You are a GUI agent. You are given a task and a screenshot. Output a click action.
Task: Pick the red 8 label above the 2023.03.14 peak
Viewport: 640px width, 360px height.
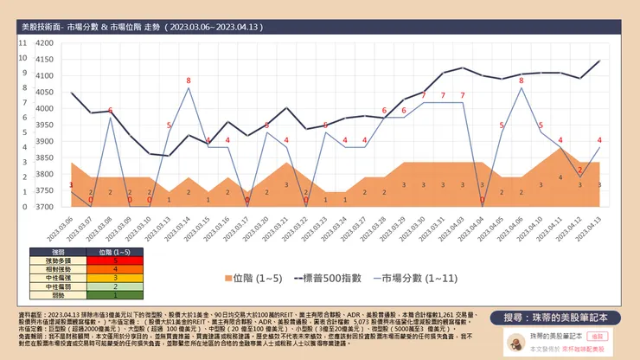click(x=189, y=80)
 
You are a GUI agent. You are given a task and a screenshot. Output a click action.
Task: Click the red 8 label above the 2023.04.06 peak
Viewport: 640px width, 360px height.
click(x=521, y=80)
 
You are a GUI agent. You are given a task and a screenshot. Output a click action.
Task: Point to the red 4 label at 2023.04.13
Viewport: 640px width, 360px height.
click(x=599, y=140)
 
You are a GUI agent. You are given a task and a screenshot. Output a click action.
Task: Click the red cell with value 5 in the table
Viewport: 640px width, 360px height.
click(x=116, y=260)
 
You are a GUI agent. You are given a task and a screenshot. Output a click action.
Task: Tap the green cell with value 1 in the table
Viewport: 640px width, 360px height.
click(x=116, y=294)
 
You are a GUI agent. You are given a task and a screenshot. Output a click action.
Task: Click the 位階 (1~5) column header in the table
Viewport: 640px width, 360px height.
click(x=116, y=251)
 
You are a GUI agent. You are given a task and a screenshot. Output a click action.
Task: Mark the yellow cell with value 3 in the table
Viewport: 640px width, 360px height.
click(x=116, y=277)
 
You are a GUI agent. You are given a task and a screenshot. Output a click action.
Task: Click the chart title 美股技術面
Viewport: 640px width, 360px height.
click(x=41, y=28)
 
